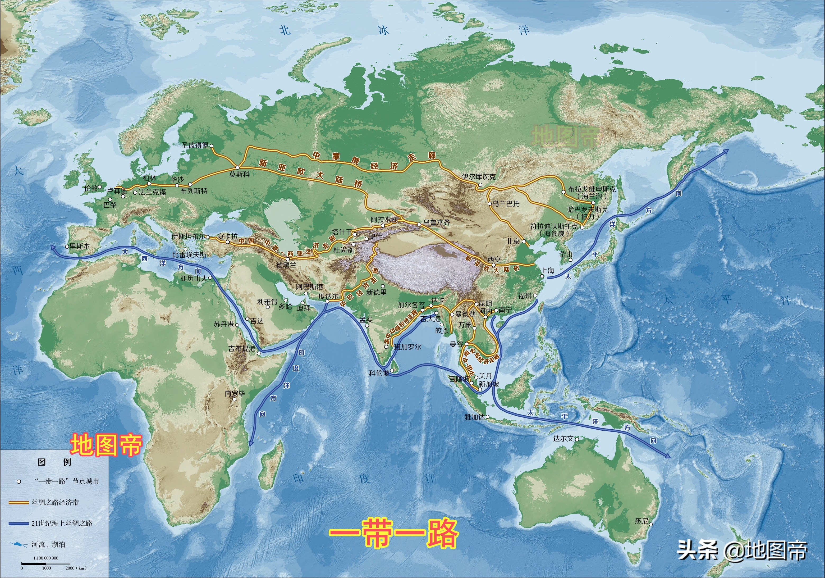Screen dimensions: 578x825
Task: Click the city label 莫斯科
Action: coord(239,174)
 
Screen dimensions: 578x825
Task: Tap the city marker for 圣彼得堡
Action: coord(211,146)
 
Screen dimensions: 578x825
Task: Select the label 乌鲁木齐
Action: coord(436,222)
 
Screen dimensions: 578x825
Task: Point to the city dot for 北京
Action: coord(524,241)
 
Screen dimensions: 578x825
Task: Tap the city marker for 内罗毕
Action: coord(234,399)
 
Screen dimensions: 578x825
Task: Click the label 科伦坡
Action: coord(379,373)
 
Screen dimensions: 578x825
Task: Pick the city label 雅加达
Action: coord(475,417)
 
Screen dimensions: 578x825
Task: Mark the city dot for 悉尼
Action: coord(650,524)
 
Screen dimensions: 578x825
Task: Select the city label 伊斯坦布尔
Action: coord(188,236)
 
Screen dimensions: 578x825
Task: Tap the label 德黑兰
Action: coord(286,265)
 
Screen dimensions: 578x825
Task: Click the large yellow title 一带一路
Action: coord(393,533)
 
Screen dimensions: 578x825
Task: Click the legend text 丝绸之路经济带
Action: coord(55,502)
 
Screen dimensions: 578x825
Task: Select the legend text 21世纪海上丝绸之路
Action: coord(62,523)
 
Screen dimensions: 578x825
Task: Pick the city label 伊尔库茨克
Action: coord(479,176)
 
